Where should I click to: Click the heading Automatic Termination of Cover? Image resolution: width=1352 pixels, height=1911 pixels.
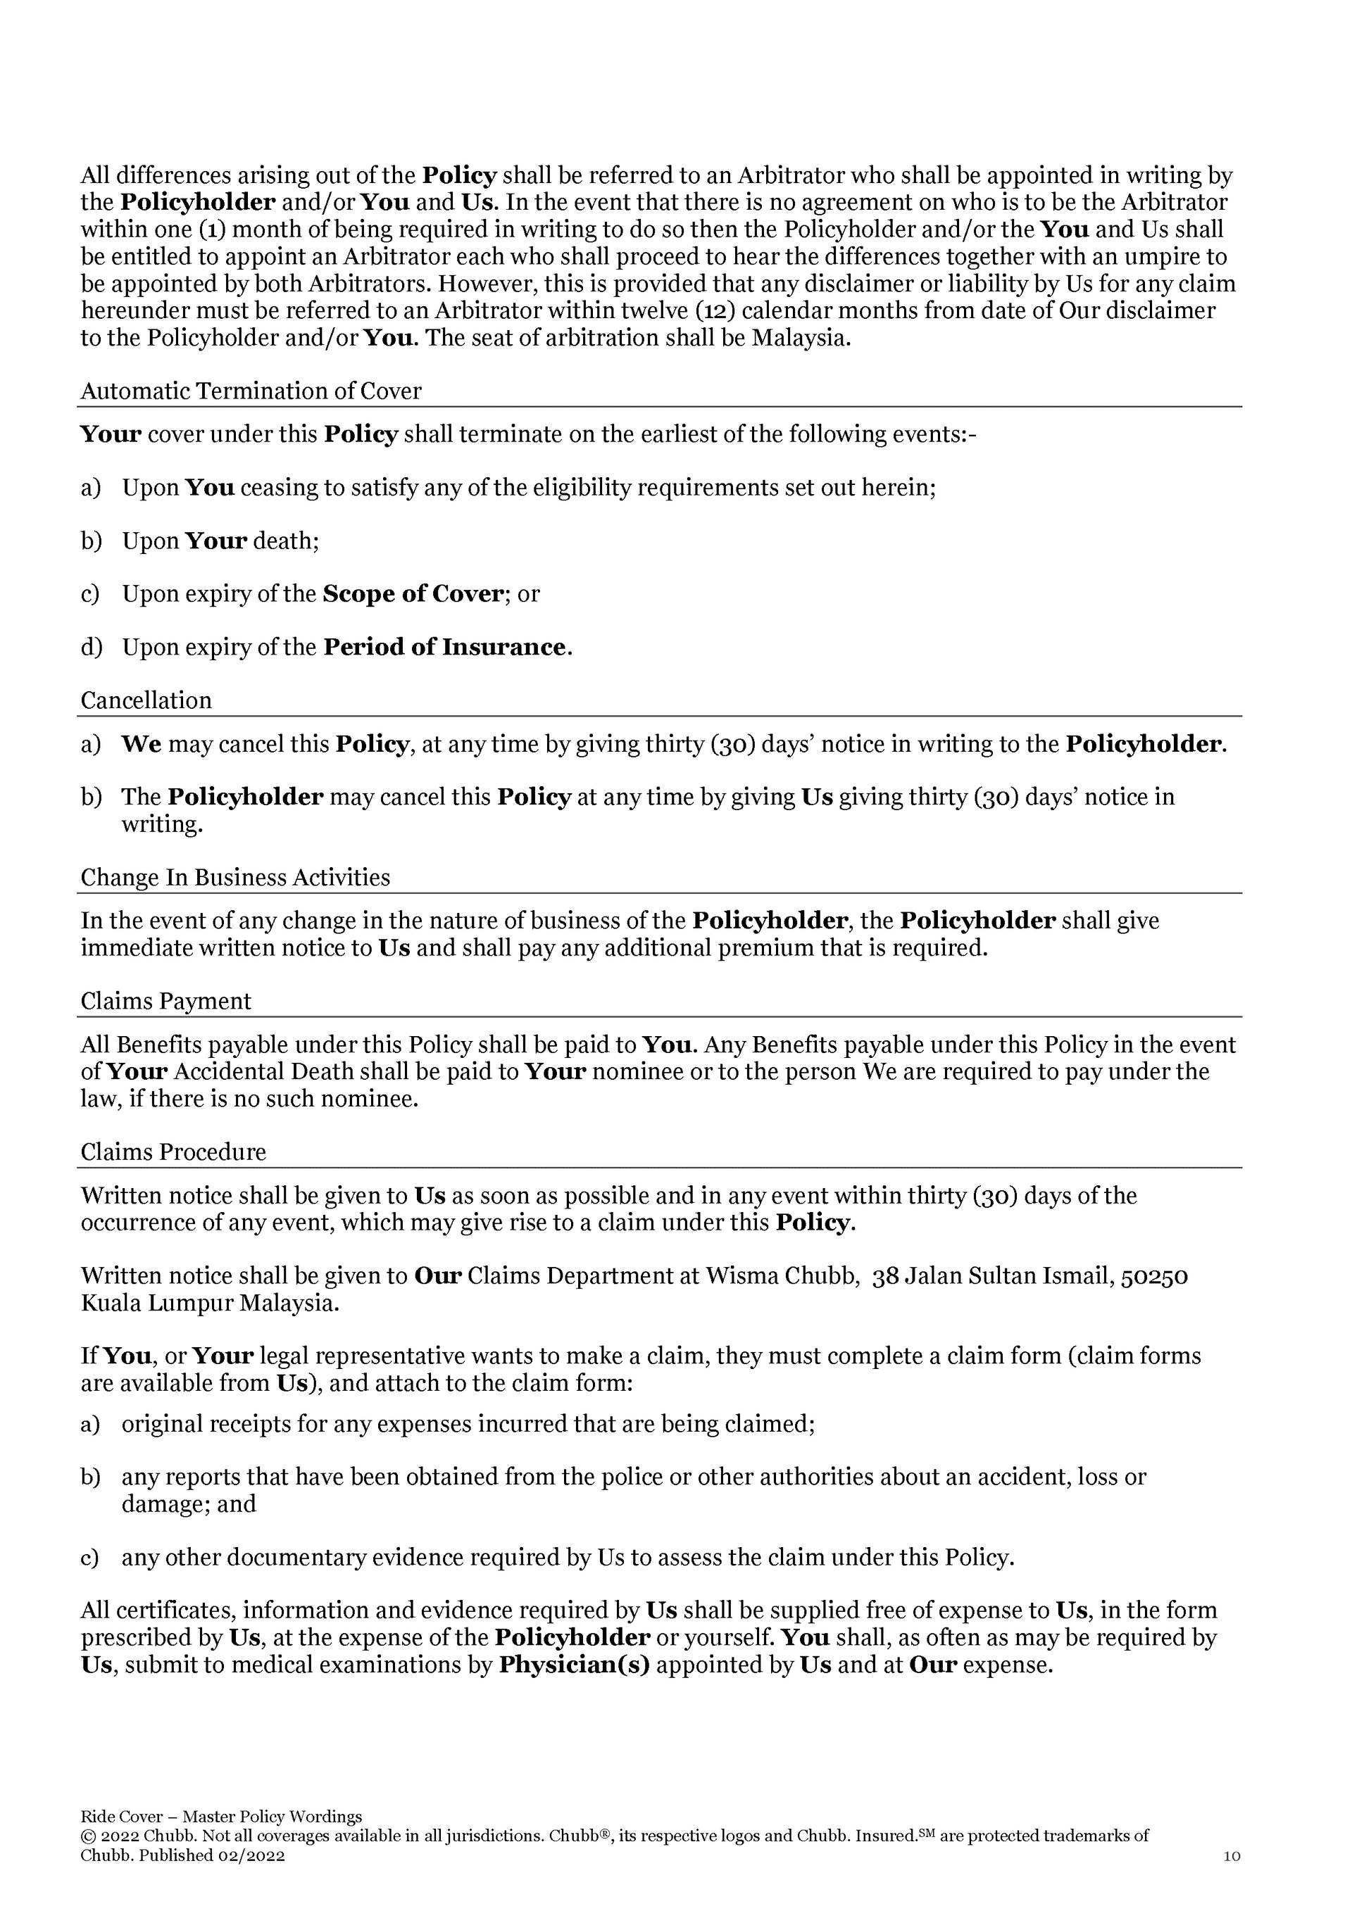(251, 391)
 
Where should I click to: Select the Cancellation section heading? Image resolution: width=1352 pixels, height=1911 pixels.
(146, 700)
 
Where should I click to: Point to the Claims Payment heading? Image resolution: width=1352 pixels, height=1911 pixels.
(165, 1000)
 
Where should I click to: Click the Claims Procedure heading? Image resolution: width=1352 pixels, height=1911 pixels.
(173, 1152)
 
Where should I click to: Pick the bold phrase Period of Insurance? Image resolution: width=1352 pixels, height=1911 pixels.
(444, 647)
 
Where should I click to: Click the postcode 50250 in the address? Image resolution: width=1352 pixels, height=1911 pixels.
(1155, 1276)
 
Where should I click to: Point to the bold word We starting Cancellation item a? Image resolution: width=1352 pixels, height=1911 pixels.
(142, 743)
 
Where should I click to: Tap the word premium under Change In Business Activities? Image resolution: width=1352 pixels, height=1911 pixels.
(763, 948)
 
